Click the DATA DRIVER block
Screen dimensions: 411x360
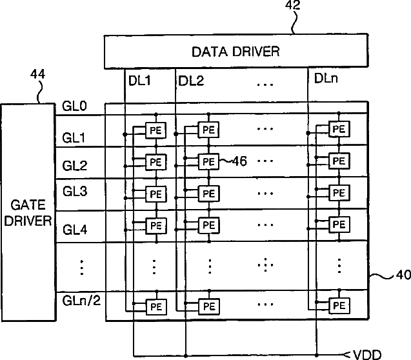click(x=236, y=51)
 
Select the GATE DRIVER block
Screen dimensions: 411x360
click(x=28, y=212)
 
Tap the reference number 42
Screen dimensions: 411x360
click(x=293, y=5)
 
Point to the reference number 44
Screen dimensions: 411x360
click(x=37, y=74)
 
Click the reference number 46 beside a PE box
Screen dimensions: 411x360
click(x=239, y=161)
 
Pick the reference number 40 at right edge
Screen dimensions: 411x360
click(x=403, y=275)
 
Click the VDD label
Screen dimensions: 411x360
click(x=367, y=355)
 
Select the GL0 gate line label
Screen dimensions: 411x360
click(x=74, y=106)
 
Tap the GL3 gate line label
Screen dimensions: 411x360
click(x=75, y=191)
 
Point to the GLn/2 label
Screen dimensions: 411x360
click(x=81, y=300)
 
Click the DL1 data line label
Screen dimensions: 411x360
click(x=139, y=81)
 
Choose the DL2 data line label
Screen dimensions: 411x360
click(x=191, y=81)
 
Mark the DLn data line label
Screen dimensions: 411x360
click(x=326, y=78)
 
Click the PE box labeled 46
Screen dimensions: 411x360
click(x=208, y=161)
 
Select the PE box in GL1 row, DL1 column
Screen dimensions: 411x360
click(x=155, y=130)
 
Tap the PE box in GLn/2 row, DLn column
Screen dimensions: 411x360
click(x=339, y=306)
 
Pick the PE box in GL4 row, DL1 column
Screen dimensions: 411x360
click(x=156, y=226)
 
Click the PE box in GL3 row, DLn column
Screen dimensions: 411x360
click(x=339, y=193)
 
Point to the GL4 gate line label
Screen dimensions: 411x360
click(x=75, y=230)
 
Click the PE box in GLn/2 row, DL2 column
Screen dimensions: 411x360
click(x=209, y=306)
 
